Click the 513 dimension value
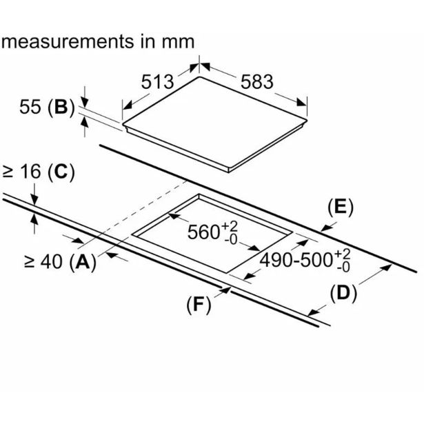point(157,82)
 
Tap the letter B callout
point(61,108)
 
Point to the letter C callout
point(61,172)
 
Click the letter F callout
point(199,305)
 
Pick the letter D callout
point(343,293)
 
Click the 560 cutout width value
point(204,232)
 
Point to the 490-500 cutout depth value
point(296,261)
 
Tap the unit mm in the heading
point(177,41)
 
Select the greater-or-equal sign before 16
point(9,172)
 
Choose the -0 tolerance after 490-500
point(343,267)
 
